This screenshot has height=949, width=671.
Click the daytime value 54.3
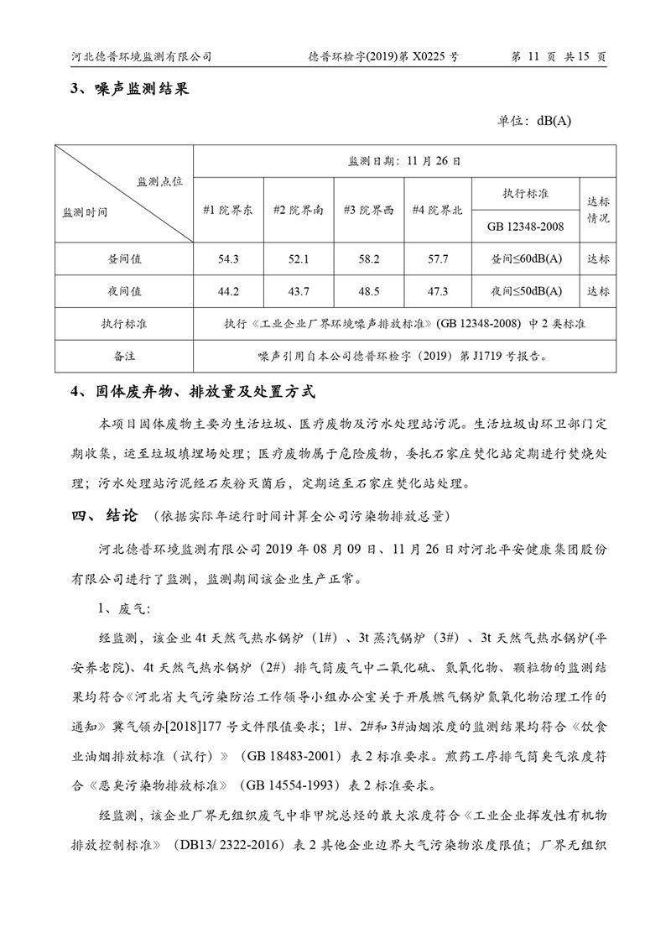coord(228,259)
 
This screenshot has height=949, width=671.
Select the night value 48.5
coord(369,291)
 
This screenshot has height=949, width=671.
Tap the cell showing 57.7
coord(438,259)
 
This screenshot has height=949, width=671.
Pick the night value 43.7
coord(299,291)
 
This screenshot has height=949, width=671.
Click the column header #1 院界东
coord(228,210)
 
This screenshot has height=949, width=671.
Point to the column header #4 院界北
coord(437,210)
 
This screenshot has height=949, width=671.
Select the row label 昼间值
coord(124,259)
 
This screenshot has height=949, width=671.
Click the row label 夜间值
coord(124,291)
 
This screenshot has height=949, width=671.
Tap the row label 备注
coord(124,356)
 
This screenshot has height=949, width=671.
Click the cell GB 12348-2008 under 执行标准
coord(526,226)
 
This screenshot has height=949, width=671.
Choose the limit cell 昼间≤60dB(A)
coord(526,259)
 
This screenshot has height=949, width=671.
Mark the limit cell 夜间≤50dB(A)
coord(526,291)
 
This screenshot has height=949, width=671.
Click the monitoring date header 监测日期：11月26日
coord(404,160)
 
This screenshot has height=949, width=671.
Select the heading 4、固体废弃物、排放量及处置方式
coord(195,391)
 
